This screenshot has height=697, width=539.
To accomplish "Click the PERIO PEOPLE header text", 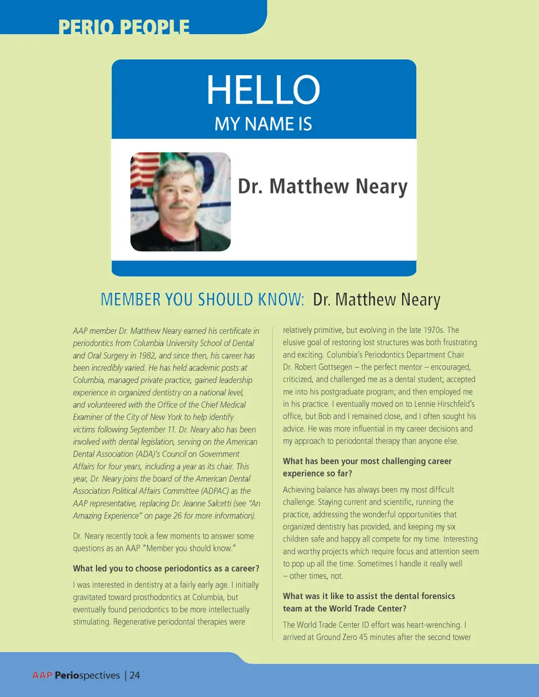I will click(124, 26).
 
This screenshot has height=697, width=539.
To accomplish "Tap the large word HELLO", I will click(263, 90).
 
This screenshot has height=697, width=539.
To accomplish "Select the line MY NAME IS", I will click(263, 124).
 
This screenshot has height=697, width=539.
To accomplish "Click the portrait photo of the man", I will click(180, 201).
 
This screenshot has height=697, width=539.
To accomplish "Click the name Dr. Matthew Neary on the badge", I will click(322, 186).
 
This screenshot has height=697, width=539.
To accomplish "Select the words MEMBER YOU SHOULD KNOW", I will click(202, 300).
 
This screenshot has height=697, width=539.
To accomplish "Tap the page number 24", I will click(135, 675).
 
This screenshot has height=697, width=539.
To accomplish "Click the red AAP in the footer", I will click(42, 675).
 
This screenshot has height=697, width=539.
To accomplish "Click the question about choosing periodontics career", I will click(166, 568).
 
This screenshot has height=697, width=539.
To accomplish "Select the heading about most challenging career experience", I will click(367, 467).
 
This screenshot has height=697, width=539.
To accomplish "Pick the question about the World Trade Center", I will click(369, 602).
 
